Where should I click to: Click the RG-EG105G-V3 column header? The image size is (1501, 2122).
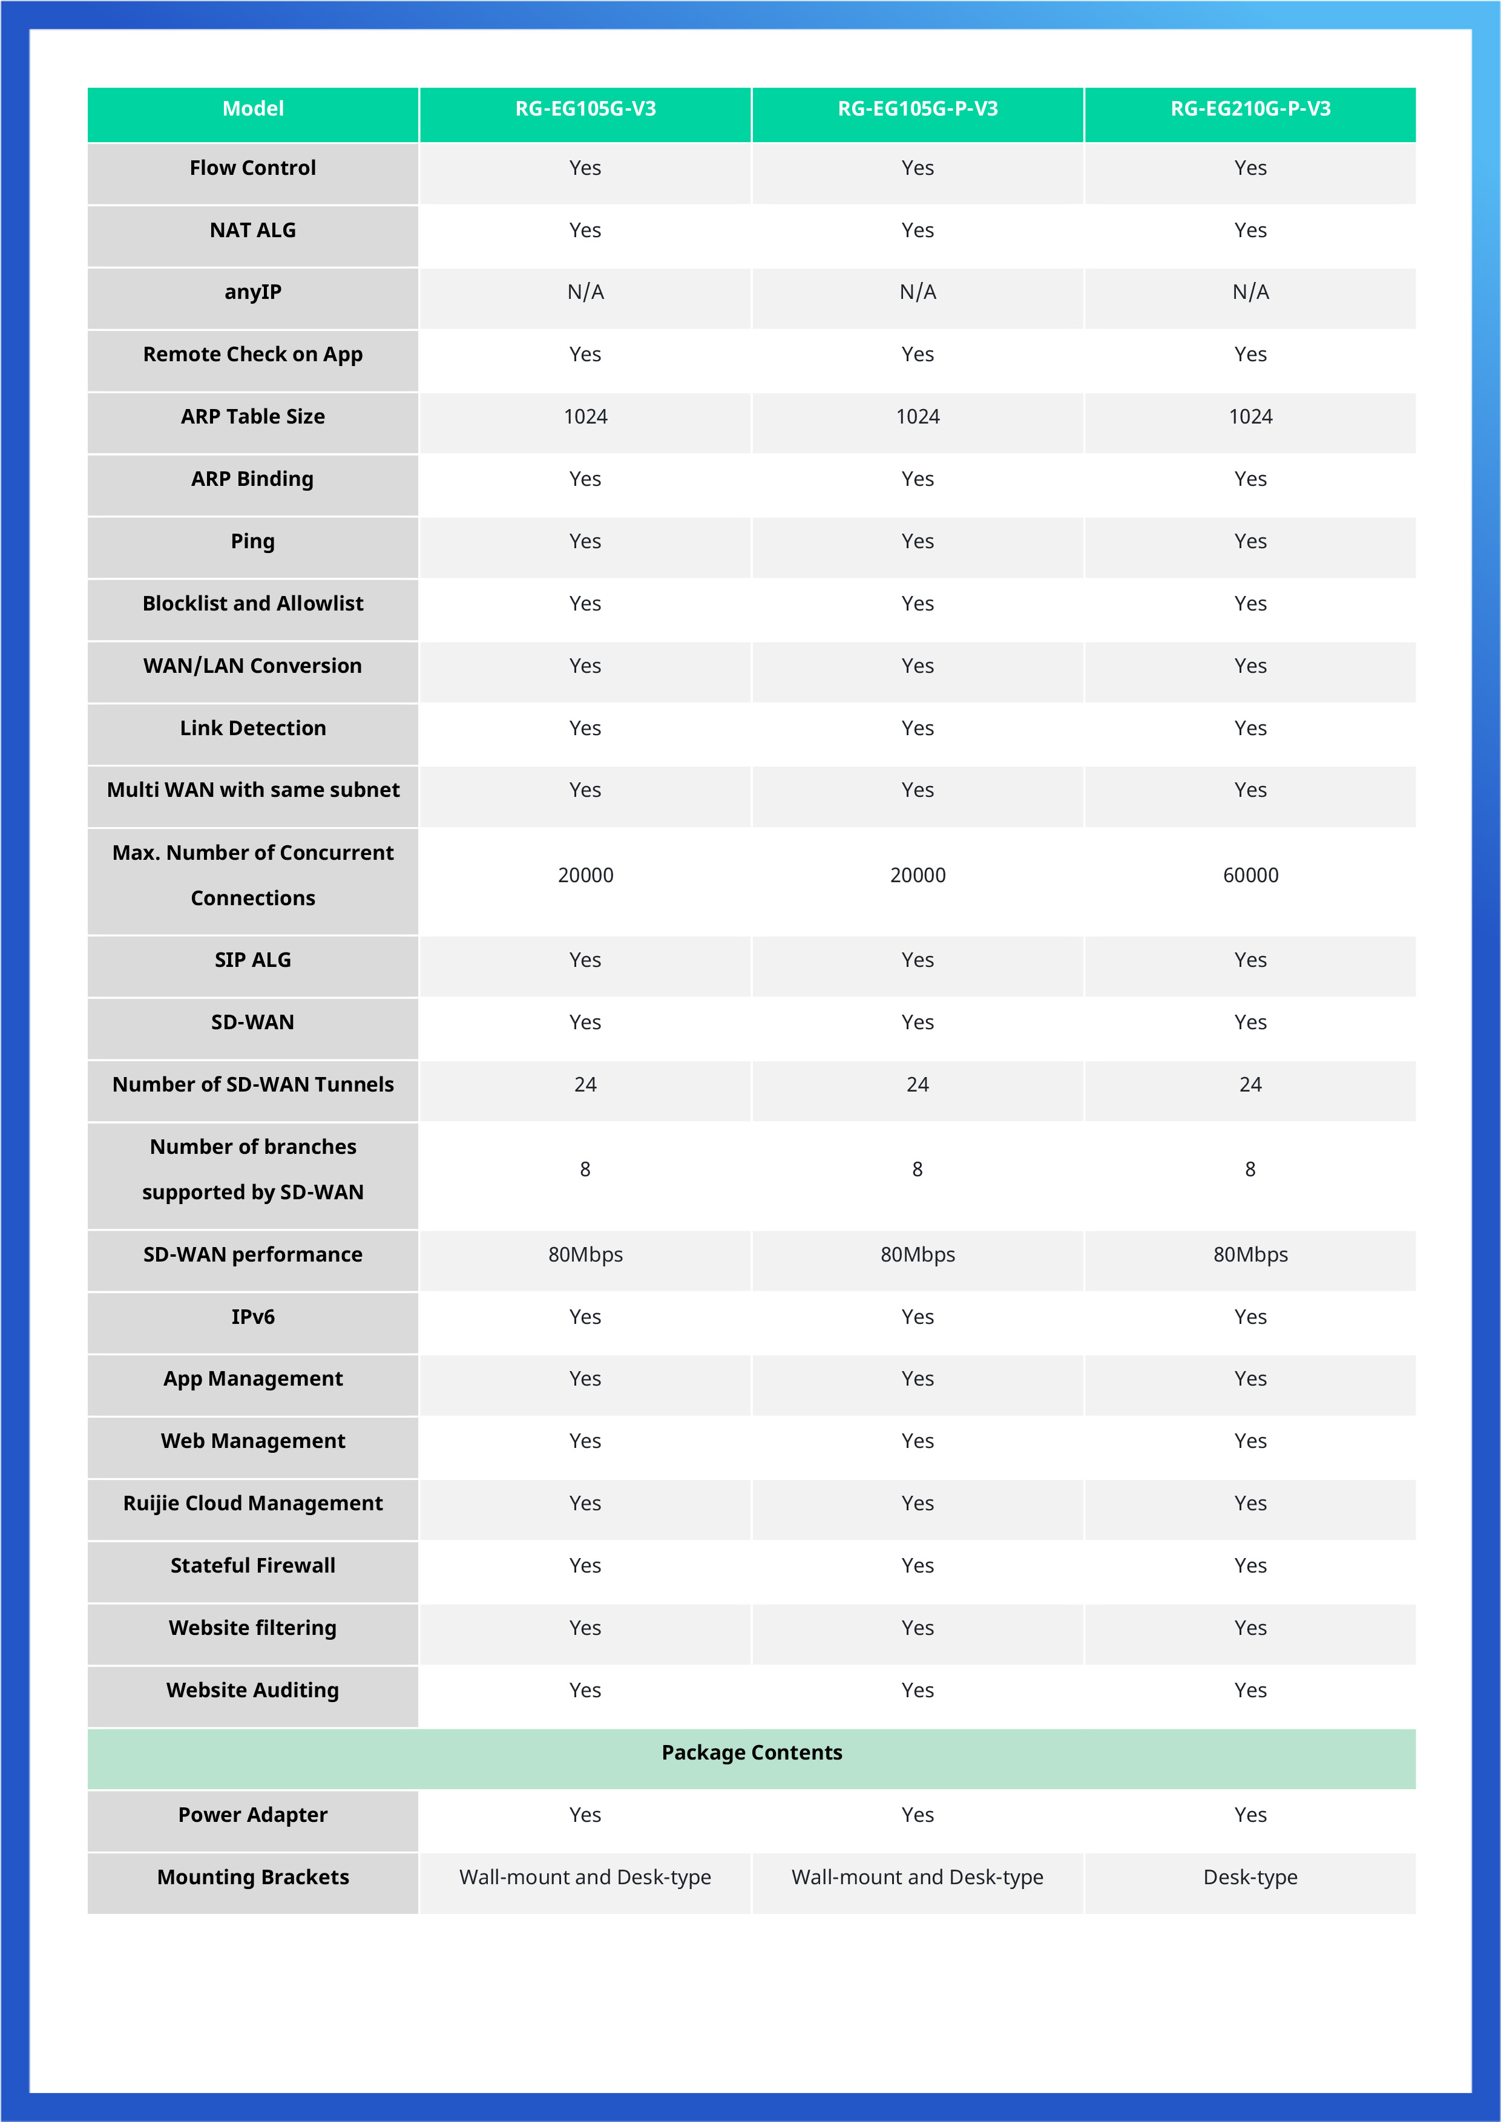click(585, 109)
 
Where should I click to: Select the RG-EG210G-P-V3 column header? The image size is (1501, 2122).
click(1250, 109)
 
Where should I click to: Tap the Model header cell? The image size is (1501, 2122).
click(252, 109)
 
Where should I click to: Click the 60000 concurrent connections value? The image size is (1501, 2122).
click(1250, 875)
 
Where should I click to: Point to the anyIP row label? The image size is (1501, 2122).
click(252, 292)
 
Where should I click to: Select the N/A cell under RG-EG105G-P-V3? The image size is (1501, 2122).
click(917, 292)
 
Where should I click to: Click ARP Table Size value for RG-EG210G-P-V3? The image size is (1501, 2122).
click(1250, 417)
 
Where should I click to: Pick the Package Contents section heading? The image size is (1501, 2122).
click(752, 1752)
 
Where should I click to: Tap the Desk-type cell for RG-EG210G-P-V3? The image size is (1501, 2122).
click(1250, 1877)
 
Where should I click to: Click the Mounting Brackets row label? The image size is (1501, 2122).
click(252, 1877)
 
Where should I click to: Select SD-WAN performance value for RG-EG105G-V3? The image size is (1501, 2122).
click(585, 1254)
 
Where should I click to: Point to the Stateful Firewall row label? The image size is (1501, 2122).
click(252, 1565)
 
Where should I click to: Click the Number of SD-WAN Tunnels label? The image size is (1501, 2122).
click(252, 1084)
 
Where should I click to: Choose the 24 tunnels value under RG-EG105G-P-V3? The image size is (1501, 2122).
click(917, 1084)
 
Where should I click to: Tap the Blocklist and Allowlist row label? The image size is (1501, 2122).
click(252, 603)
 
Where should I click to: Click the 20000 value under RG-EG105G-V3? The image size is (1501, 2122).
click(585, 875)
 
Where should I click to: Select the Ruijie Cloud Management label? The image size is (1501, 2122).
click(252, 1503)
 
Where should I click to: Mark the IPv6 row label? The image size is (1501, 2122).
click(252, 1317)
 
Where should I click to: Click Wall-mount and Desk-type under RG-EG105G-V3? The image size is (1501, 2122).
click(585, 1877)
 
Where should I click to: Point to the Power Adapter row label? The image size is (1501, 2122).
click(252, 1815)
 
